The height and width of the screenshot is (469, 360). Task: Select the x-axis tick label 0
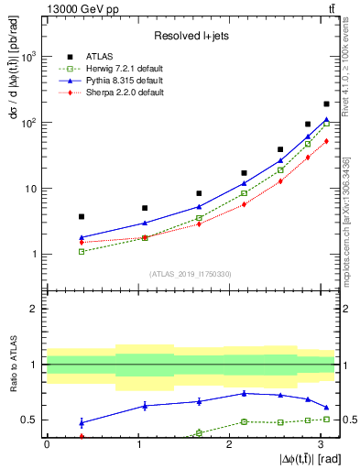(x=47, y=443)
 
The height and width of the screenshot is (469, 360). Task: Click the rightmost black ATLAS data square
(x=326, y=104)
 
